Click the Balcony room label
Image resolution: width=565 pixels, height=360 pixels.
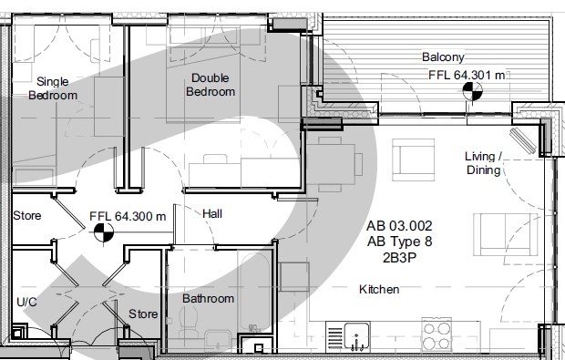click(443, 57)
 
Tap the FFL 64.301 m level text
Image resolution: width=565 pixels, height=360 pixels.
click(467, 76)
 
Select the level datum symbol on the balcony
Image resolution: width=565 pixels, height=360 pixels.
click(472, 91)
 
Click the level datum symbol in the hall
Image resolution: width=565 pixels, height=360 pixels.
click(104, 232)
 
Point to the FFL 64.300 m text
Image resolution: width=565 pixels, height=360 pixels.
click(128, 216)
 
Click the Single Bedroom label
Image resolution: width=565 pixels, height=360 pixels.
click(53, 88)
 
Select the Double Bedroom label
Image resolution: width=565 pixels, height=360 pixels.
click(211, 85)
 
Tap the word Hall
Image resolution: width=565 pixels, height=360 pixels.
click(212, 213)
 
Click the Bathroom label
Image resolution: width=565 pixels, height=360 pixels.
click(208, 298)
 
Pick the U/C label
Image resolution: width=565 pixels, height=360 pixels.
click(26, 302)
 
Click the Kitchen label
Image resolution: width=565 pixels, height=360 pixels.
click(379, 290)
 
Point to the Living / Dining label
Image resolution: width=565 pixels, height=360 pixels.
click(483, 163)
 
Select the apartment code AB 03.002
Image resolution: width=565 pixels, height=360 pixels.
click(399, 226)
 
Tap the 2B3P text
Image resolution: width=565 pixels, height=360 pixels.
click(399, 258)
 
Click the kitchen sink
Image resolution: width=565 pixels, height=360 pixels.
click(356, 336)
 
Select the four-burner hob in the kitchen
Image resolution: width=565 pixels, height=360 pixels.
click(437, 334)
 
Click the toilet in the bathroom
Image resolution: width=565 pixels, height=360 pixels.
click(189, 324)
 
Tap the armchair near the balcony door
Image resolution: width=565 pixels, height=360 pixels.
click(414, 159)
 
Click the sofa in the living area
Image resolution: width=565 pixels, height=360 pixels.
click(506, 234)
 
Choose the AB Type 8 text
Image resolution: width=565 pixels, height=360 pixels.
click(399, 242)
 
